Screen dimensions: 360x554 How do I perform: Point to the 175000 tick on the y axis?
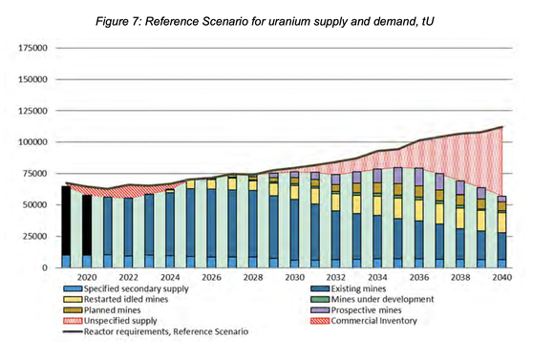[x=33, y=47]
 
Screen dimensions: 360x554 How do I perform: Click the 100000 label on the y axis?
[x=33, y=141]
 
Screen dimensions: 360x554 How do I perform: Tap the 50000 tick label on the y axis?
[x=36, y=204]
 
